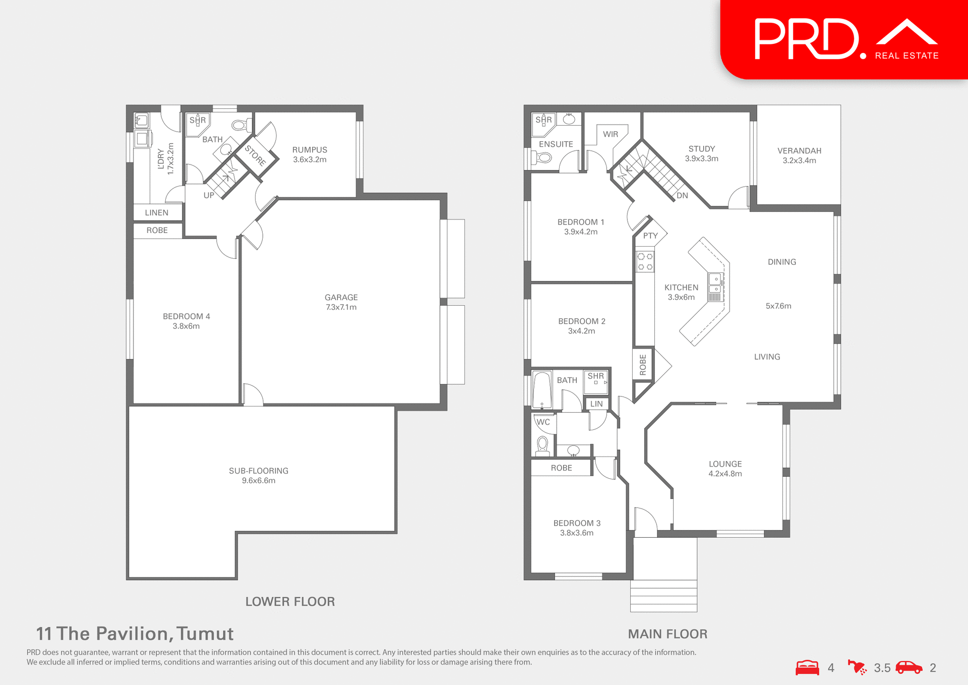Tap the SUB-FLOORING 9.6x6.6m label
pos(259,475)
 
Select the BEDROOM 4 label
pos(186,321)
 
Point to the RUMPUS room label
pos(310,154)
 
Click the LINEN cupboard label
pos(157,212)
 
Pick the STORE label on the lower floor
pos(256,155)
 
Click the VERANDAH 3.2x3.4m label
pos(799,155)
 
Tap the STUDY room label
pos(701,153)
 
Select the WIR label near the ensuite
pos(610,134)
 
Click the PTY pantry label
pos(650,236)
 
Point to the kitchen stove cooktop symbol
pos(645,262)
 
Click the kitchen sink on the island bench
pos(715,283)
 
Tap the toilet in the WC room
pos(542,445)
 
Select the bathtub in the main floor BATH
pos(542,389)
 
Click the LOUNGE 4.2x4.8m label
pos(725,468)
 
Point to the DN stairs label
pos(682,195)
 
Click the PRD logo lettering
pos(807,39)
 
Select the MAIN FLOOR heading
pos(668,634)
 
